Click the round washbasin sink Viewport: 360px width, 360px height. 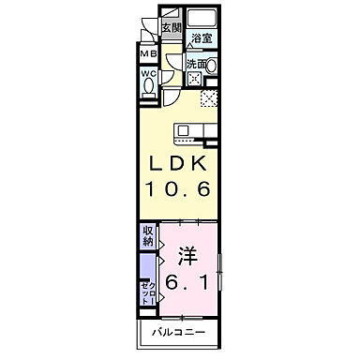pyautogui.click(x=210, y=66)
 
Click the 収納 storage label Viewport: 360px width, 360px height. pyautogui.click(x=148, y=236)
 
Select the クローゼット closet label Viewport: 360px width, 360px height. pyautogui.click(x=148, y=290)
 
